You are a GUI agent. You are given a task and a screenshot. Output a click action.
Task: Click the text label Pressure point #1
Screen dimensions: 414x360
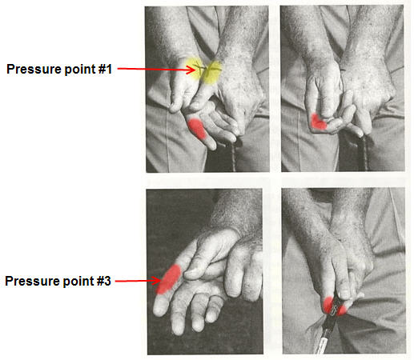pos(59,69)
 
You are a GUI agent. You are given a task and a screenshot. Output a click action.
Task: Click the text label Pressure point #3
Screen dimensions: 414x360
pos(58,281)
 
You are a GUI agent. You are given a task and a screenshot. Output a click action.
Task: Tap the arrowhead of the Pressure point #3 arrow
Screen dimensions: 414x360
pos(156,281)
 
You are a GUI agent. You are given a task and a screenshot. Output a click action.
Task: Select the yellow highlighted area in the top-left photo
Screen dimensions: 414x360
pos(204,70)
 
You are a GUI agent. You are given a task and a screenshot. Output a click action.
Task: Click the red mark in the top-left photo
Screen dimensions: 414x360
pos(197,129)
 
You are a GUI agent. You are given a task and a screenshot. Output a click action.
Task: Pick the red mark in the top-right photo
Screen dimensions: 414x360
pos(319,122)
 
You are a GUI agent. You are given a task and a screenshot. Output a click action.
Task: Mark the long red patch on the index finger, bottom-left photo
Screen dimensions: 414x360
pos(169,279)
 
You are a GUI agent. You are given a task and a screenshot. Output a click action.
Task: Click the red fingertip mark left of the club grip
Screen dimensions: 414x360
pos(328,305)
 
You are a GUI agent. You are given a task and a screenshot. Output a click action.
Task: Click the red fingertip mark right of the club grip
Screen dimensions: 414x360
pos(342,310)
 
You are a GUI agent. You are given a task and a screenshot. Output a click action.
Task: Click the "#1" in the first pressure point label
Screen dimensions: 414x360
pos(105,69)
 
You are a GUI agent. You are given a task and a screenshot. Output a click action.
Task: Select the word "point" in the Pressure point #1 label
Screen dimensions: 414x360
pos(80,70)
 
